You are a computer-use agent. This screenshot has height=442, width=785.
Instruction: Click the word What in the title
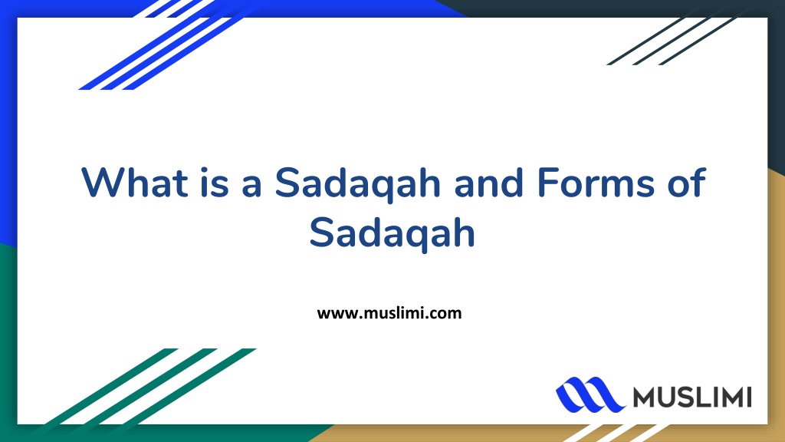136,183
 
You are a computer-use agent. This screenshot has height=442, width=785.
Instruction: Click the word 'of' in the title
683,183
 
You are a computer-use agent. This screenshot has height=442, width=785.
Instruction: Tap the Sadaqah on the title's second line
392,233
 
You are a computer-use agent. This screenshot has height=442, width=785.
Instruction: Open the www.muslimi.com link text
389,312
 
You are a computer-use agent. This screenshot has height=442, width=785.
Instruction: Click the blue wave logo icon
590,394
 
